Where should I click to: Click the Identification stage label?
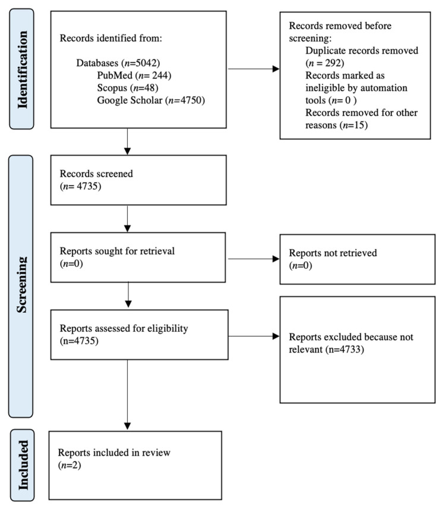click(x=22, y=70)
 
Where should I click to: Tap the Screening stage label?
click(x=22, y=285)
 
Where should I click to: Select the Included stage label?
click(x=23, y=465)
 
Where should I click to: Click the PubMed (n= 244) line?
click(x=134, y=76)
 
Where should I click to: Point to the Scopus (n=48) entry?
click(x=128, y=87)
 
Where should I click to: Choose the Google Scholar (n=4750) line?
click(x=151, y=100)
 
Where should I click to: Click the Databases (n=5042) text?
click(x=118, y=62)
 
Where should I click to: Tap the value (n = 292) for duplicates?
click(x=324, y=62)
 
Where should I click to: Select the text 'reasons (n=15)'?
click(x=336, y=125)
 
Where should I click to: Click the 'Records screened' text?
click(x=96, y=174)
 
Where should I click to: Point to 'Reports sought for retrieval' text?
click(x=117, y=251)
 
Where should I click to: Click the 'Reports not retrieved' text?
click(x=333, y=253)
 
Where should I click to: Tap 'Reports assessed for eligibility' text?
click(x=124, y=328)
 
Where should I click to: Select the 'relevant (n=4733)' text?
click(x=326, y=349)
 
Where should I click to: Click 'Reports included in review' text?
click(x=114, y=453)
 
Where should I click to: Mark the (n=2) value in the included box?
click(x=70, y=465)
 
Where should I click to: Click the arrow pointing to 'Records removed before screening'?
click(x=254, y=69)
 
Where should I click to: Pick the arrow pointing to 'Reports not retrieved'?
click(x=254, y=259)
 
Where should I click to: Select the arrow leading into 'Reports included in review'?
click(x=128, y=394)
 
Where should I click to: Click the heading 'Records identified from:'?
click(x=111, y=38)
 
